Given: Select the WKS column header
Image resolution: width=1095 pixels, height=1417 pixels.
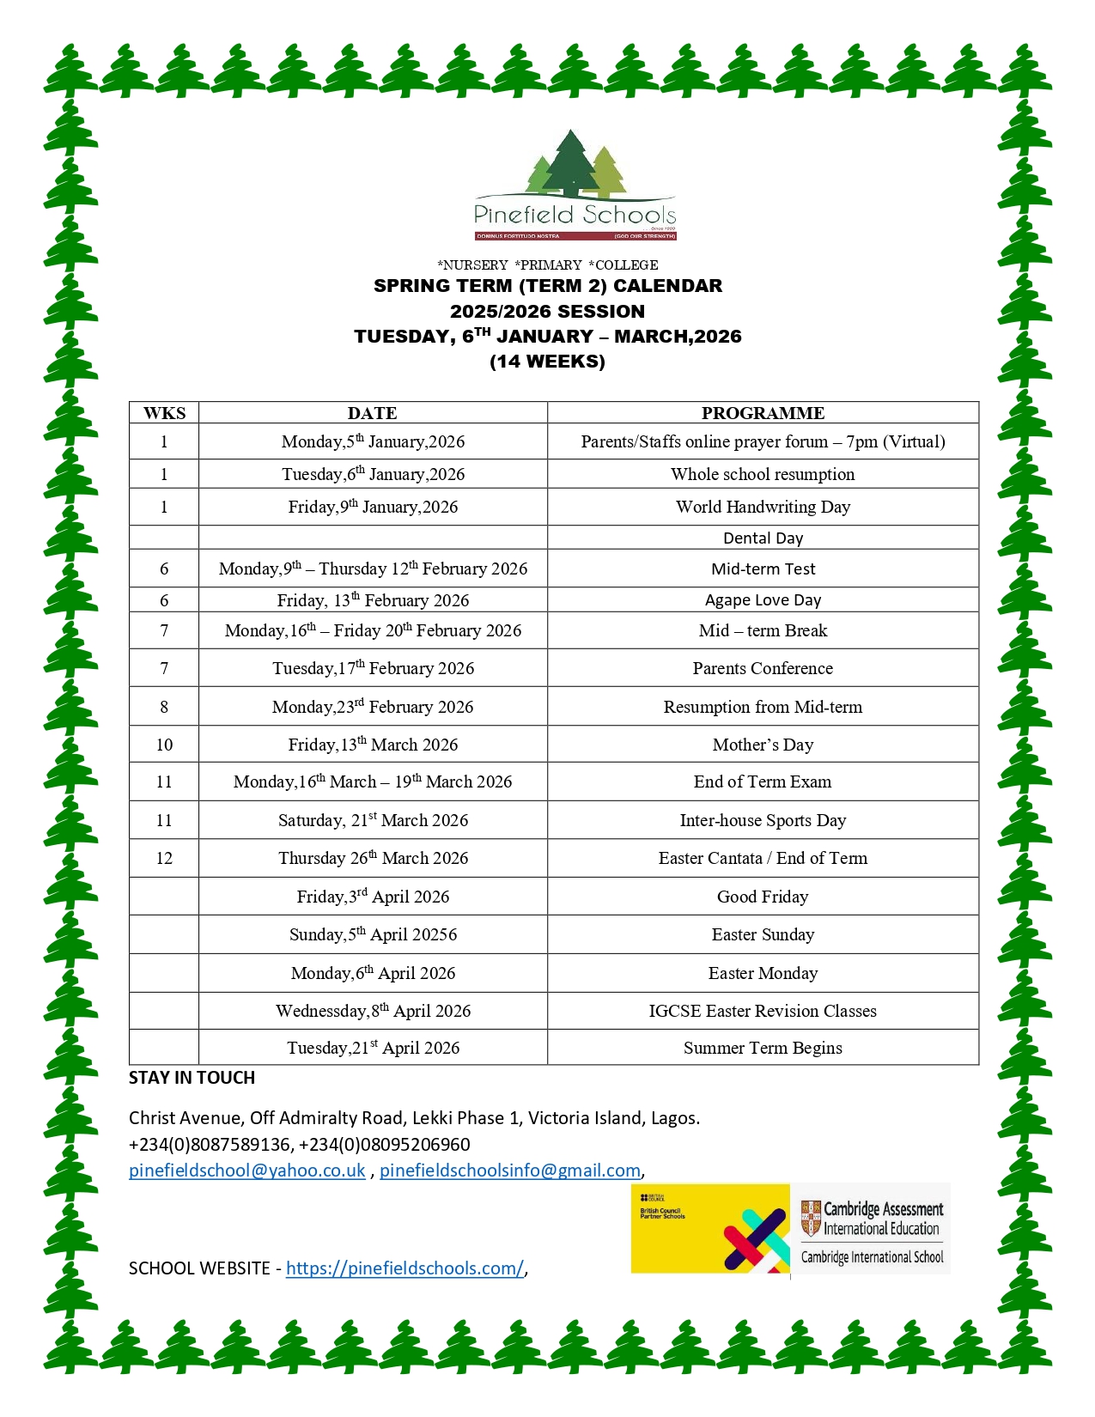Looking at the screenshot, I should [x=164, y=413].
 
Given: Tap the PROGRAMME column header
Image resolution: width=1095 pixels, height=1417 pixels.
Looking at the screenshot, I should [x=763, y=413].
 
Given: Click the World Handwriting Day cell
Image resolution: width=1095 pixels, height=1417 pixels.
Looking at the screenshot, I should [x=763, y=507].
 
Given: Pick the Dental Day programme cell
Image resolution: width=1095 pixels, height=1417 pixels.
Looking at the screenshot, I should [x=763, y=538].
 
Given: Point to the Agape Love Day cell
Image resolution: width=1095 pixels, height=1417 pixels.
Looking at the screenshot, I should [x=763, y=599].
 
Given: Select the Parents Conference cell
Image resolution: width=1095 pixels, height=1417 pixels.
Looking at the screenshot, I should [x=763, y=668].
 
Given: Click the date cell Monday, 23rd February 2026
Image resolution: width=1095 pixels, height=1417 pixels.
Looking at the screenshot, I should [x=373, y=707].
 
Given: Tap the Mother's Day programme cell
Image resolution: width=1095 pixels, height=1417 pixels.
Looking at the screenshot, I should [x=763, y=745].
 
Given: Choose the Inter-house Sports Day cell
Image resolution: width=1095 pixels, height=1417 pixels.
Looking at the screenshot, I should [x=763, y=820].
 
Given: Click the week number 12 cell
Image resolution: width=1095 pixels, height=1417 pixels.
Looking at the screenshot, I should [x=164, y=858].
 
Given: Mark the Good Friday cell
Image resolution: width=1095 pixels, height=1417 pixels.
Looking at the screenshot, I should [x=763, y=897].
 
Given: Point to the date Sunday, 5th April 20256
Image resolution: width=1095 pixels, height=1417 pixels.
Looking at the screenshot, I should [x=373, y=934].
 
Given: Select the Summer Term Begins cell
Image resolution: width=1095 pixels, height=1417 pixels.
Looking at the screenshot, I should [x=763, y=1048].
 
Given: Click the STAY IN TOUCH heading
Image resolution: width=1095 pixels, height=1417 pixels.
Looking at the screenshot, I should [x=192, y=1078].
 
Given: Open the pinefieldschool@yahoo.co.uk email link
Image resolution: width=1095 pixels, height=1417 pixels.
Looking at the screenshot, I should [x=247, y=1171].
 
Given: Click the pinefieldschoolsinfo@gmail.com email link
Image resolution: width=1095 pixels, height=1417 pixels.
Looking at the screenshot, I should [x=510, y=1171].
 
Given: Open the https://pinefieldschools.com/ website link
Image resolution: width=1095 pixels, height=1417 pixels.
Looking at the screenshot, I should [x=405, y=1268].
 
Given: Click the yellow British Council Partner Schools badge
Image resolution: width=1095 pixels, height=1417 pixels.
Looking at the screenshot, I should [x=710, y=1229].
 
